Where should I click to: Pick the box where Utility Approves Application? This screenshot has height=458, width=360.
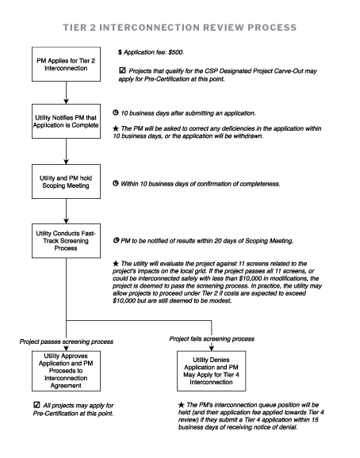(67, 371)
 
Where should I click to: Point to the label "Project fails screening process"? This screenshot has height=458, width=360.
(214, 338)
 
